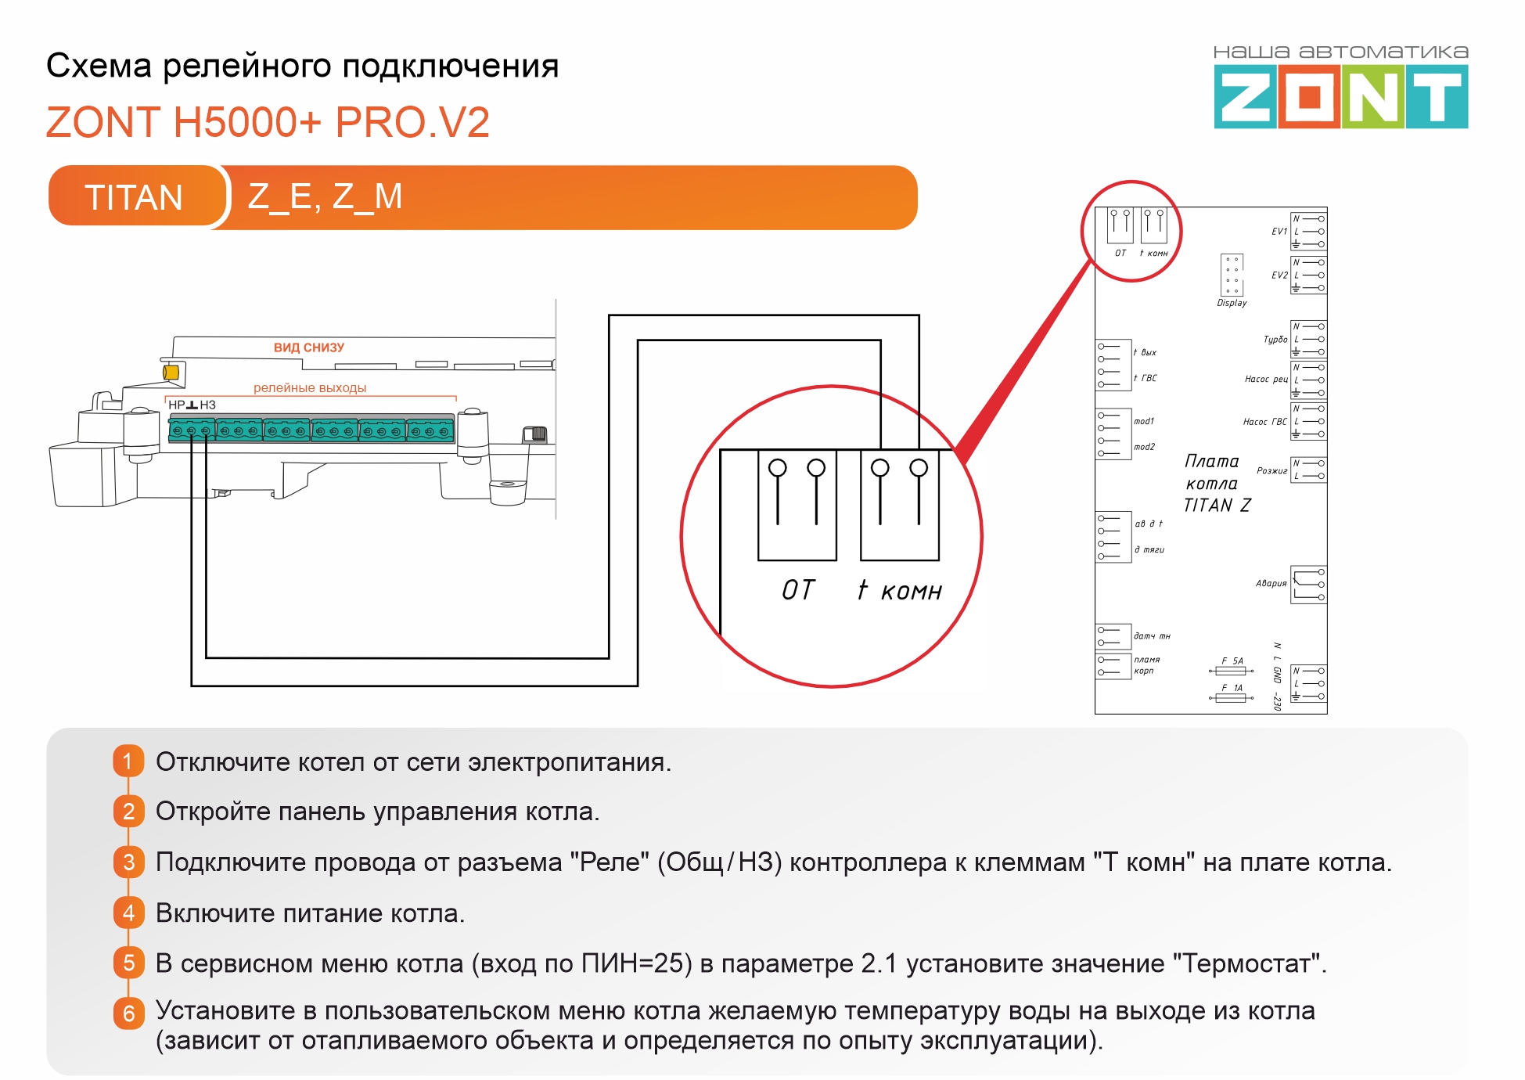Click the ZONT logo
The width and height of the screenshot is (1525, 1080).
1340,95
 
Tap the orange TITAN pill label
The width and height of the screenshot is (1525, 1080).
135,196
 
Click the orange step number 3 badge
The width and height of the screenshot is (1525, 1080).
128,862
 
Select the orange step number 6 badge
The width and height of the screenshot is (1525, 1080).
128,1013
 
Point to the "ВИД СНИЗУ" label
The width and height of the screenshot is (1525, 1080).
309,347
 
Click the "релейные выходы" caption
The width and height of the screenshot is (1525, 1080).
310,387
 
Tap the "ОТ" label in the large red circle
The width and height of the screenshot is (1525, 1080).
798,590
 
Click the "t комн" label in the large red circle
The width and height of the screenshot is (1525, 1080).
900,590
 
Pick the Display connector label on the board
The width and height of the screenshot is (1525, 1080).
1232,303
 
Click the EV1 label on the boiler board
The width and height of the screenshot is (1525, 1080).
1279,232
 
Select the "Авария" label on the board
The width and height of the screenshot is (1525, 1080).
1271,583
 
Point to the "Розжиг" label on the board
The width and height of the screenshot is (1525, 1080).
1271,470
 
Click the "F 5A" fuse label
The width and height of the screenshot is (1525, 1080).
1232,661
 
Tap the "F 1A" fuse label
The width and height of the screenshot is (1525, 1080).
1232,688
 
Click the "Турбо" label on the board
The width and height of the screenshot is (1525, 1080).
1275,340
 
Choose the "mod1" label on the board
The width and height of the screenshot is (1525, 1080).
1144,421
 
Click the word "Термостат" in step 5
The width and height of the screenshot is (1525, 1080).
1246,963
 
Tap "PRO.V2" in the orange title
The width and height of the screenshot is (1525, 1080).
412,123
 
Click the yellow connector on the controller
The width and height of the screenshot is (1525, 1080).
171,373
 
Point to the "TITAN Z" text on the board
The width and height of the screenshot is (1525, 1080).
1217,506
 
